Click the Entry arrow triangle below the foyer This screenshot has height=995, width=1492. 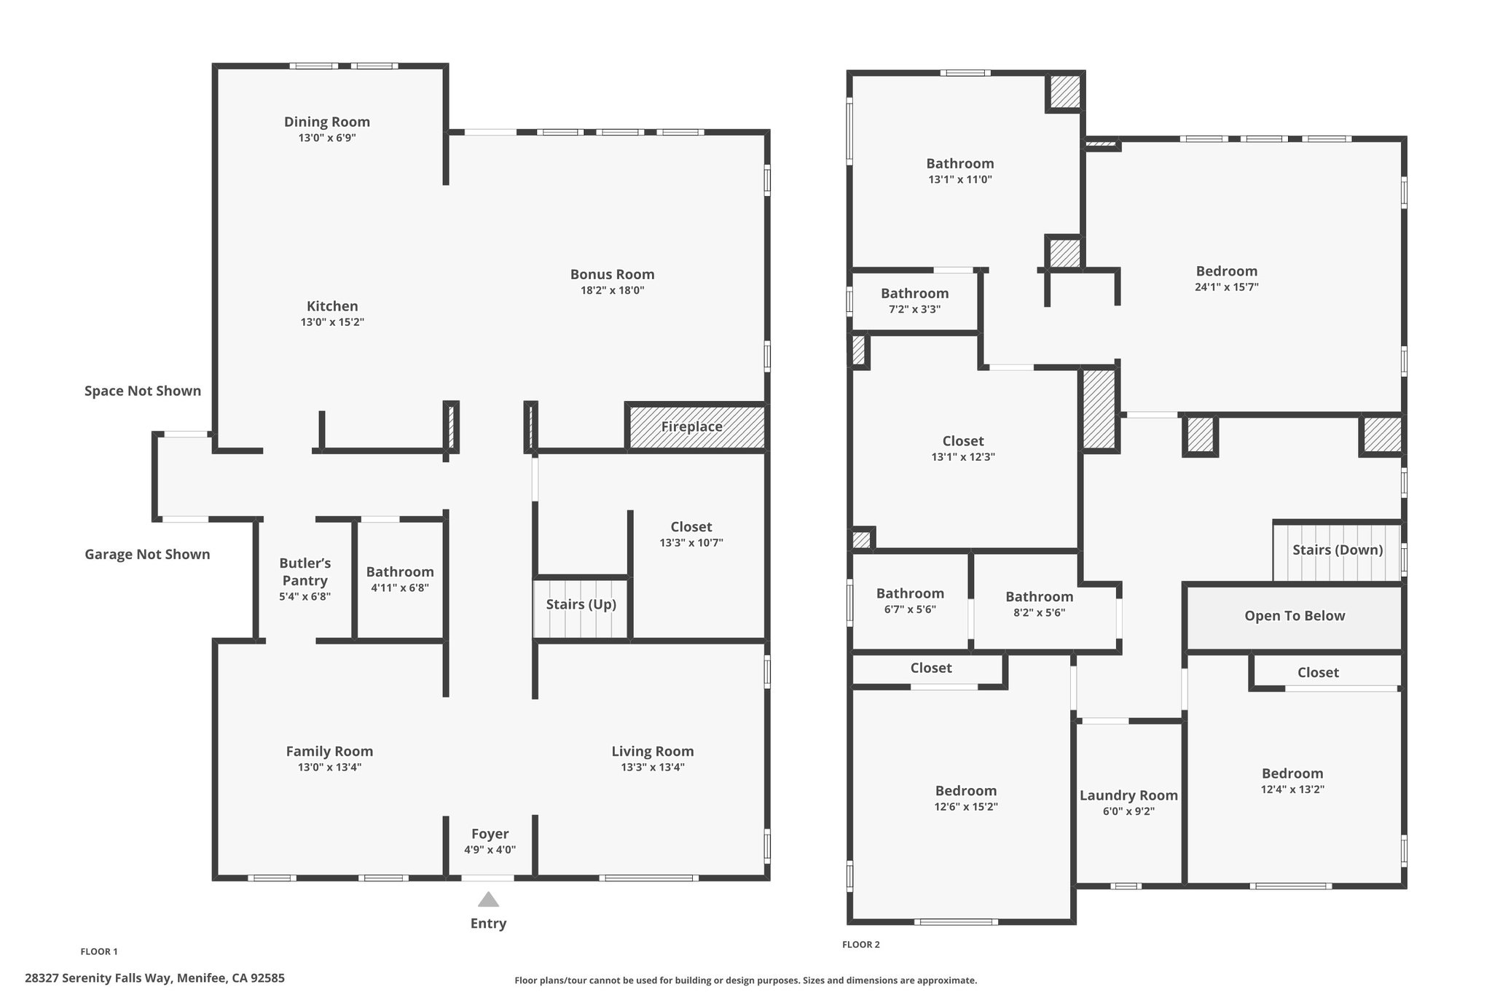pos(488,900)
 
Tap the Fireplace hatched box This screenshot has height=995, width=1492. pos(696,427)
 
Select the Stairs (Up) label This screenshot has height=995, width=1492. pos(581,604)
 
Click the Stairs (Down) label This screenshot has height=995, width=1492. pos(1338,550)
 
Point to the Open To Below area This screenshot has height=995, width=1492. pos(1295,617)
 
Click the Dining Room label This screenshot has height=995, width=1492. pos(327,122)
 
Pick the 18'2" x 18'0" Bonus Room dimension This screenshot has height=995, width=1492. pos(612,290)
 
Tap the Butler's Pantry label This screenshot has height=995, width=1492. pos(305,572)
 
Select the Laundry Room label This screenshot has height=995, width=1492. pos(1128,795)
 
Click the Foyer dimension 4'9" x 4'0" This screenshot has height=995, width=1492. pos(490,850)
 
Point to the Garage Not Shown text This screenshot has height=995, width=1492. pos(147,554)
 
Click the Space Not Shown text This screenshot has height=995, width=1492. pos(143,391)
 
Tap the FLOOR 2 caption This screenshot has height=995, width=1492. pos(861,945)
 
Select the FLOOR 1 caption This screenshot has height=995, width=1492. pos(99,951)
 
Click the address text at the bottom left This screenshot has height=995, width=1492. pos(154,978)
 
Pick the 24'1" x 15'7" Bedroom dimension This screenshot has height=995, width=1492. pos(1227,287)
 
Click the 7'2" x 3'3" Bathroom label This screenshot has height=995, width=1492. pos(915,293)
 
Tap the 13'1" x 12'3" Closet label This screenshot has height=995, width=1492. pos(963,441)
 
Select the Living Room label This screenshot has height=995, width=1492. pos(653,752)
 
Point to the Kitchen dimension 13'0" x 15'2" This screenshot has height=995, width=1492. pos(332,322)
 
